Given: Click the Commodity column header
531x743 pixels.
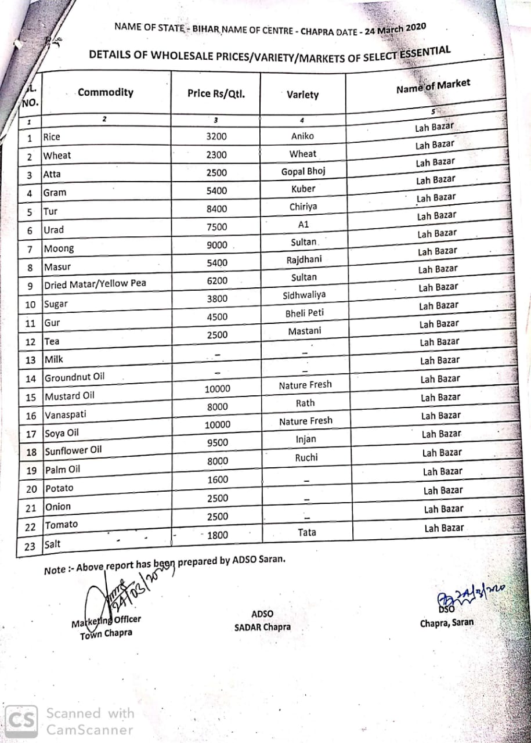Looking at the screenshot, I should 106,92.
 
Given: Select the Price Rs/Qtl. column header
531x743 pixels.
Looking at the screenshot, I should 215,93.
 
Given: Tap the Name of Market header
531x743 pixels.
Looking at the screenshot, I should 433,86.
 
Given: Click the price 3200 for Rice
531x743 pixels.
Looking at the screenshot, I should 216,137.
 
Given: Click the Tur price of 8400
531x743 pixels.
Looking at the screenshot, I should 216,209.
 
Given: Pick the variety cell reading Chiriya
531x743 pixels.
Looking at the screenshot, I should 304,207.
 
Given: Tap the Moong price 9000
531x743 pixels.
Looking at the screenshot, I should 217,245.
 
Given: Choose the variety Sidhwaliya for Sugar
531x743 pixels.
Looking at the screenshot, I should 304,295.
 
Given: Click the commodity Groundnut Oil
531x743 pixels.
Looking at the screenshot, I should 75,377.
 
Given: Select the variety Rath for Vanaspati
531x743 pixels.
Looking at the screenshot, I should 305,403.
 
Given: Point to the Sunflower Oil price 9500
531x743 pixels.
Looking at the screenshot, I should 218,443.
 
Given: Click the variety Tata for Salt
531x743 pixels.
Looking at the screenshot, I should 307,532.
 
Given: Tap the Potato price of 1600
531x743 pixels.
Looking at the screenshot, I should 218,480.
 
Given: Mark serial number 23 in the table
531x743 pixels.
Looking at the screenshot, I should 30,546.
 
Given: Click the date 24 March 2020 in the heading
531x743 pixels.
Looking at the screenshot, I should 395,30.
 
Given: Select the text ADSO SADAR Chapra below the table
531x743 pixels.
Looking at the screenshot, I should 262,621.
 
